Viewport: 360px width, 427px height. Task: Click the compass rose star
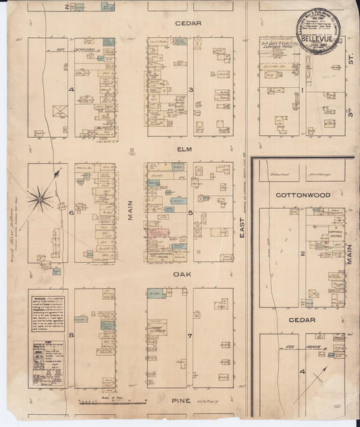(x=41, y=198)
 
